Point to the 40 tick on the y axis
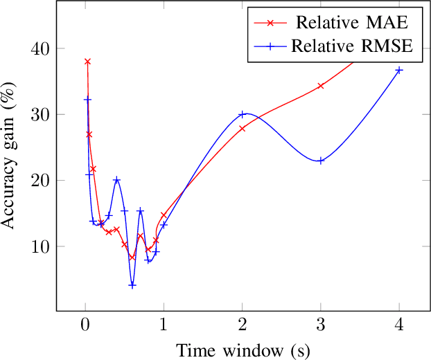[40, 48]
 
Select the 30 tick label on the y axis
[40, 114]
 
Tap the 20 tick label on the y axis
[40, 180]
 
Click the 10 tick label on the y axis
[40, 246]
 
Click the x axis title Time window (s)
[242, 350]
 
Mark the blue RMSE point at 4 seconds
[399, 70]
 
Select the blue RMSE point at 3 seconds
[321, 161]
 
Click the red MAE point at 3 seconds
[321, 86]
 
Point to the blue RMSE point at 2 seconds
[242, 114]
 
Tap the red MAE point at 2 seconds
[242, 128]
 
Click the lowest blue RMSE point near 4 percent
[132, 285]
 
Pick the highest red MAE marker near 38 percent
[87, 62]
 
